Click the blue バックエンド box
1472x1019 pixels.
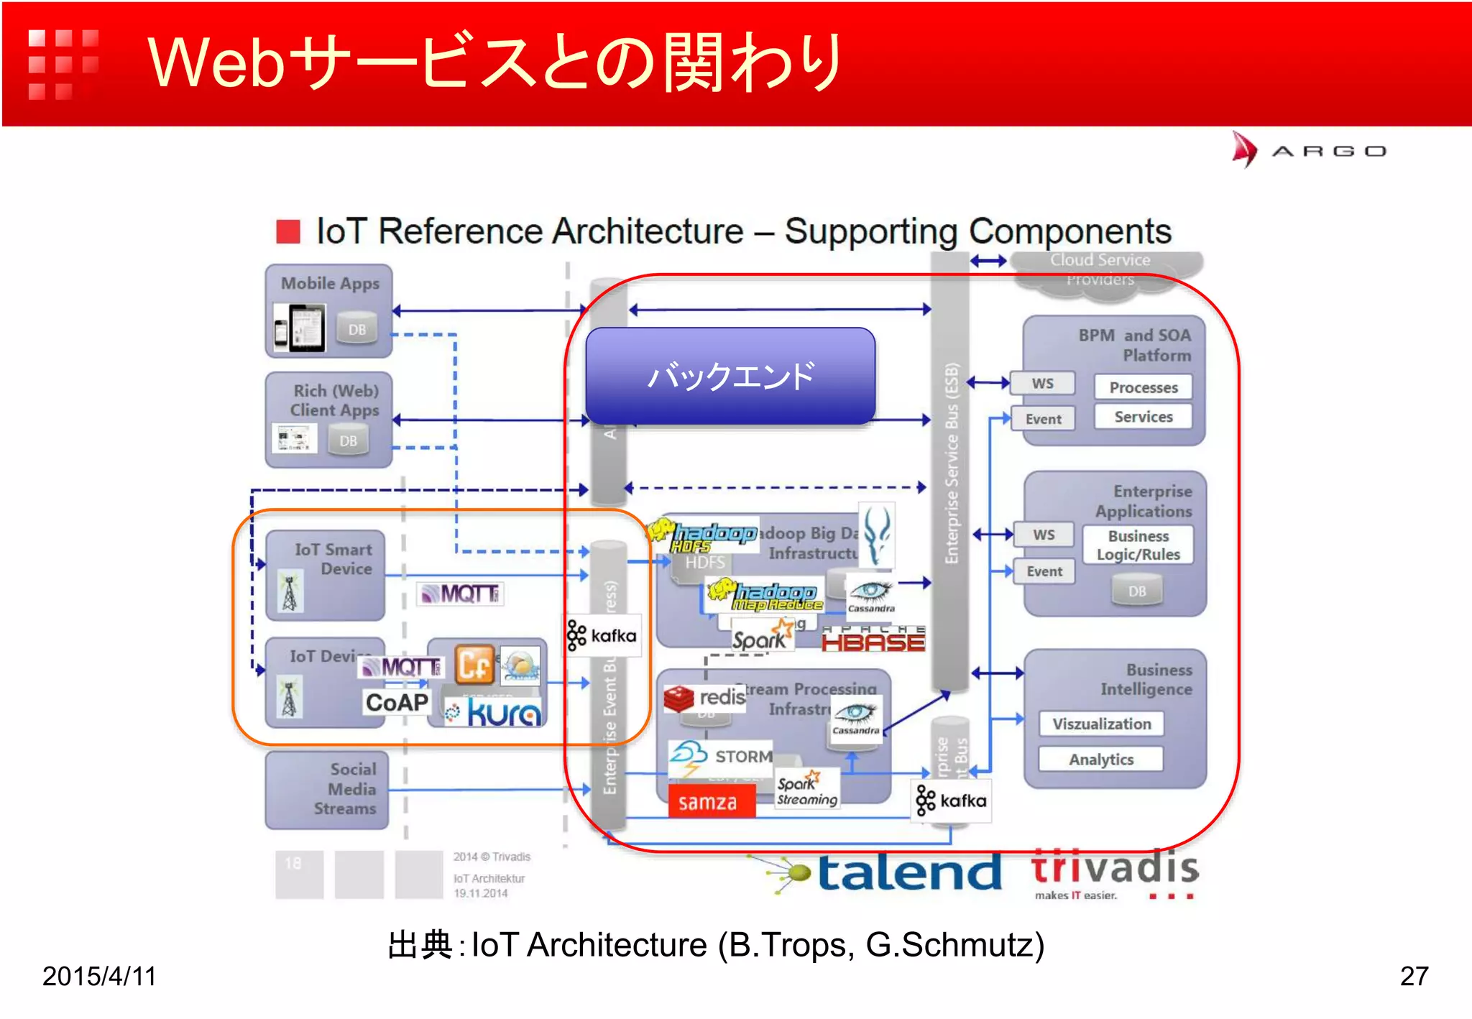[x=730, y=376]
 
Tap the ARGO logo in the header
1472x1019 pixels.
[x=1309, y=150]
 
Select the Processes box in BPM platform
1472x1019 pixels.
[x=1143, y=387]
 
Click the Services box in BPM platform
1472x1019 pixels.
[x=1143, y=417]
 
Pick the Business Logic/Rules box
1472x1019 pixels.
[x=1138, y=545]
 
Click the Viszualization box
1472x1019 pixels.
[x=1101, y=724]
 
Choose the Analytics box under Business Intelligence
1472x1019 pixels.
[x=1100, y=760]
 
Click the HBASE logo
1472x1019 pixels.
[x=873, y=639]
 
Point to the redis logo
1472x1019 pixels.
[x=705, y=698]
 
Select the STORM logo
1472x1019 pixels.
[x=721, y=757]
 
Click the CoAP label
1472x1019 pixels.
[x=397, y=702]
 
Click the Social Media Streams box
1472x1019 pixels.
[x=328, y=790]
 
